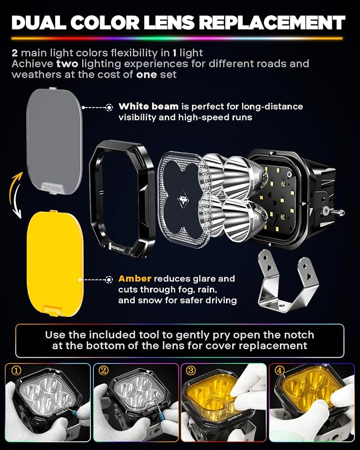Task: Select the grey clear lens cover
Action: [x=55, y=141]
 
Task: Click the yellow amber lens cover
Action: [x=55, y=263]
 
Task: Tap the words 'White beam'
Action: [x=148, y=107]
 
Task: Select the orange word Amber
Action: [x=135, y=279]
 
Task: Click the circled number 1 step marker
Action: [x=16, y=370]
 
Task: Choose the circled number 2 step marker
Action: [x=103, y=370]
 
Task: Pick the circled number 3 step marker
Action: [x=191, y=370]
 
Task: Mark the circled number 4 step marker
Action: [x=279, y=370]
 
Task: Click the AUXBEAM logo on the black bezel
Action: [x=117, y=249]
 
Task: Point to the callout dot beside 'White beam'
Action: [x=109, y=108]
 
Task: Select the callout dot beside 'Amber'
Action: [x=109, y=279]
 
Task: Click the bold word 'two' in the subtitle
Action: [x=67, y=64]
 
